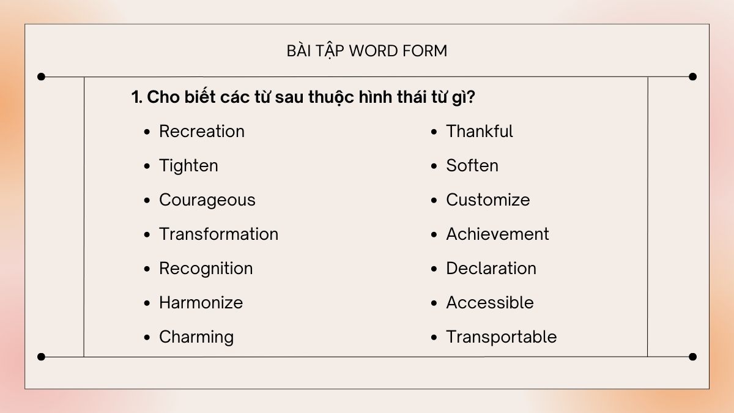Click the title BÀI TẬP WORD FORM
pyautogui.click(x=367, y=51)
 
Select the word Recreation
pyautogui.click(x=201, y=132)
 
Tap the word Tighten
pyautogui.click(x=188, y=166)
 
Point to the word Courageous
pyautogui.click(x=207, y=200)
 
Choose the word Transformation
pyautogui.click(x=218, y=234)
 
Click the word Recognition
pyautogui.click(x=206, y=269)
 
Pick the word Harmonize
pyautogui.click(x=201, y=303)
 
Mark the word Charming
pyautogui.click(x=196, y=337)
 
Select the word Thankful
pyautogui.click(x=479, y=132)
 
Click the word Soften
pyautogui.click(x=472, y=166)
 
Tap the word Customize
pyautogui.click(x=487, y=200)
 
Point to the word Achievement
pyautogui.click(x=497, y=234)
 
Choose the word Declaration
pyautogui.click(x=491, y=269)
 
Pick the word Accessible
pyautogui.click(x=489, y=303)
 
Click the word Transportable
pyautogui.click(x=501, y=337)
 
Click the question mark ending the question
pyautogui.click(x=471, y=97)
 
